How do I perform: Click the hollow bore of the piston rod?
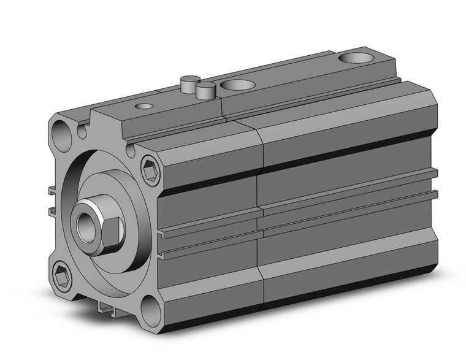click(86, 223)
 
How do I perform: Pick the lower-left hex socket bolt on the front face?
click(62, 274)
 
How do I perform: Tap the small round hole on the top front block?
click(145, 106)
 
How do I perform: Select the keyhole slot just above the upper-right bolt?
click(131, 148)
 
